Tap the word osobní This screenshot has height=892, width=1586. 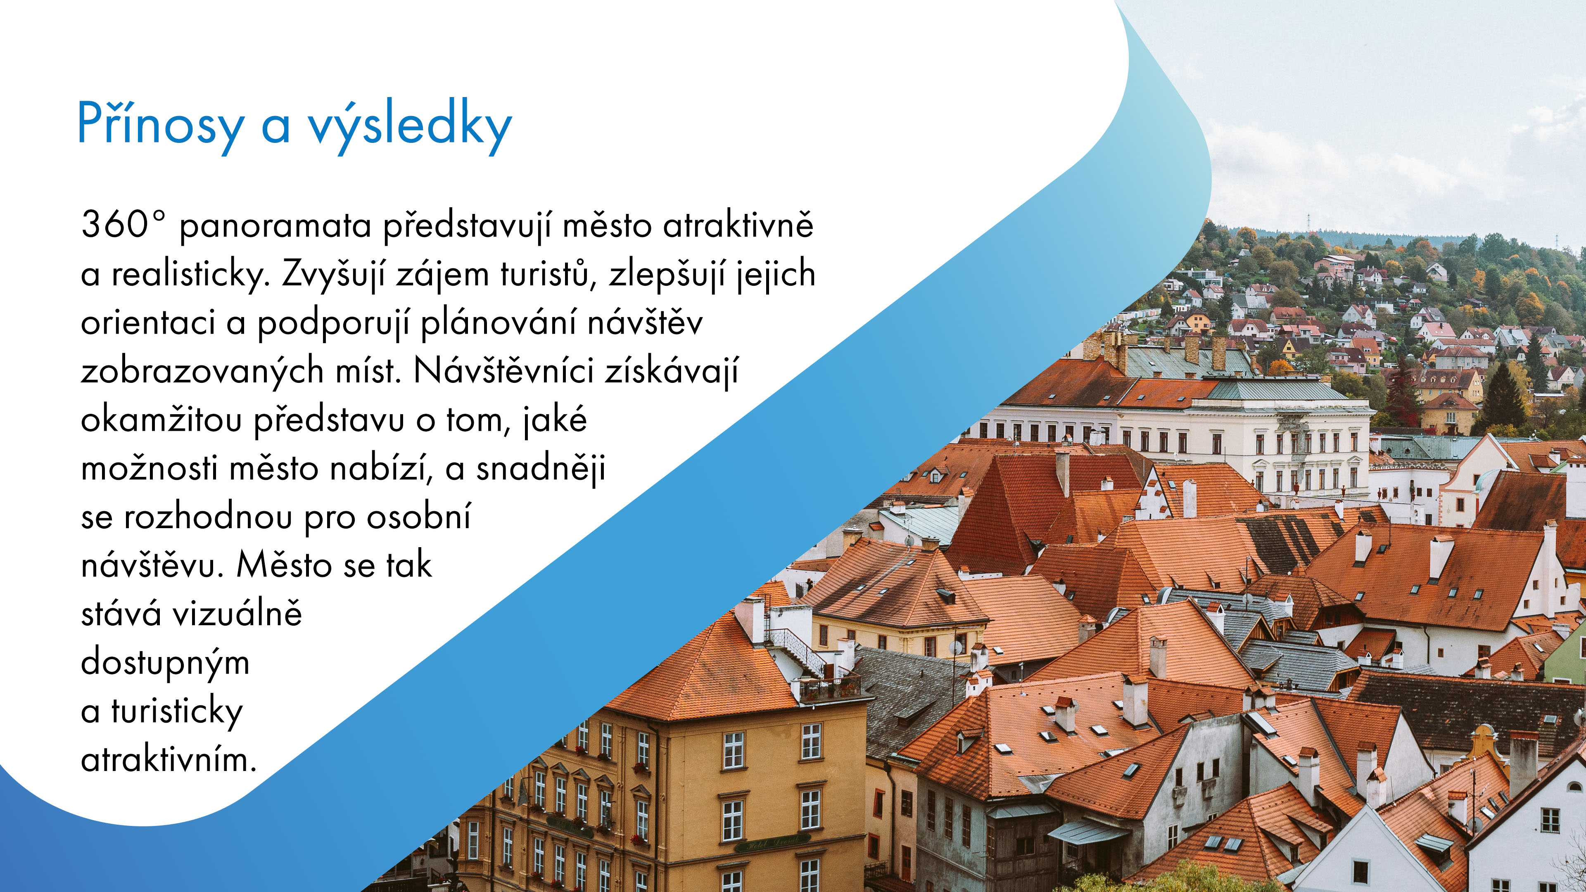point(419,517)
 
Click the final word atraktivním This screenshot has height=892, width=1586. point(168,760)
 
